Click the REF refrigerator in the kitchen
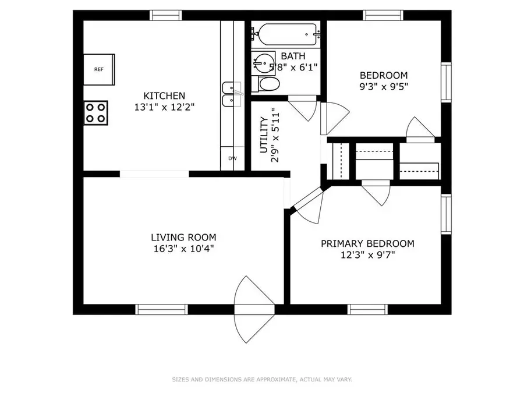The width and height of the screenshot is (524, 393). coord(99,69)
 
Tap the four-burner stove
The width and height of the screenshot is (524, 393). coord(95,113)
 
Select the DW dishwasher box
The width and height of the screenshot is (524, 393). coord(232,158)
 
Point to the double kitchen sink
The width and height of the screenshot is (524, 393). coord(232,94)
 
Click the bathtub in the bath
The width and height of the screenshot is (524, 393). coord(286,34)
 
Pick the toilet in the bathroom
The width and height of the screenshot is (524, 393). coord(265,84)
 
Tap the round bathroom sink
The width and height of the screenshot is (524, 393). coord(263,63)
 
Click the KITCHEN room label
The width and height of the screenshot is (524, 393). coord(164,96)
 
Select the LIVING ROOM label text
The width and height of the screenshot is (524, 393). coord(183,238)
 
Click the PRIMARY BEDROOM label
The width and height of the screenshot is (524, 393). coord(367,243)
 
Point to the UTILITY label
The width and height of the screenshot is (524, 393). coord(264,135)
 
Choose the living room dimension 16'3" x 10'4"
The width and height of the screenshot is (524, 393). coord(183,249)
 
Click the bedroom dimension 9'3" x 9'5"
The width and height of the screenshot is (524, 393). coord(384,87)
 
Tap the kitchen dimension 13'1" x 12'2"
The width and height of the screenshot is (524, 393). coord(164,107)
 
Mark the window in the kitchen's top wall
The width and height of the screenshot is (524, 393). coord(165,15)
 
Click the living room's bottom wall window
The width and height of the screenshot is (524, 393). coord(161,310)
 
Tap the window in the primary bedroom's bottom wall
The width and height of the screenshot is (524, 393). coord(367,310)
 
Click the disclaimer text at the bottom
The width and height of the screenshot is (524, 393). coord(262,380)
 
